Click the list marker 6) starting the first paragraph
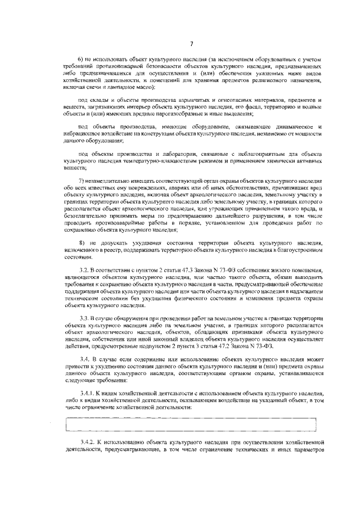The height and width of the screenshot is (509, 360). point(80,60)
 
